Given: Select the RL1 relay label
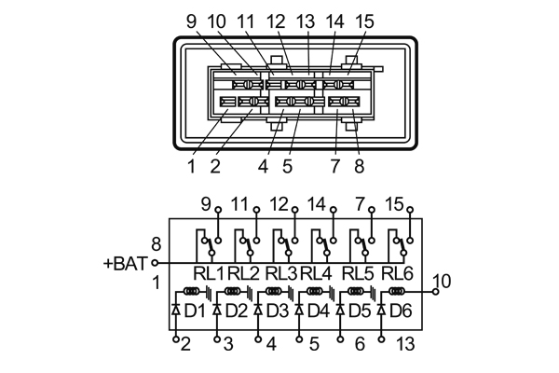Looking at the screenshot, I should [x=209, y=273].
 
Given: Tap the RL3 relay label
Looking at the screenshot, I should [x=280, y=273].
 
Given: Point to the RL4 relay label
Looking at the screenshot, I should [x=317, y=273].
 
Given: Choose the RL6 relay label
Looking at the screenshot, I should [x=396, y=273].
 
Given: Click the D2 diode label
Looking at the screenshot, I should [x=237, y=309].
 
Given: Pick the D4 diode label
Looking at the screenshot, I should [x=319, y=309].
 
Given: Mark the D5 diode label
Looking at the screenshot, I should [x=360, y=309].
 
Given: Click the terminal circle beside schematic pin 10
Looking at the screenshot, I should [x=435, y=292].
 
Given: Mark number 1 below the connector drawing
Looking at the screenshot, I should [x=191, y=167].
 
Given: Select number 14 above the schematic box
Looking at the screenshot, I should [x=317, y=203].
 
